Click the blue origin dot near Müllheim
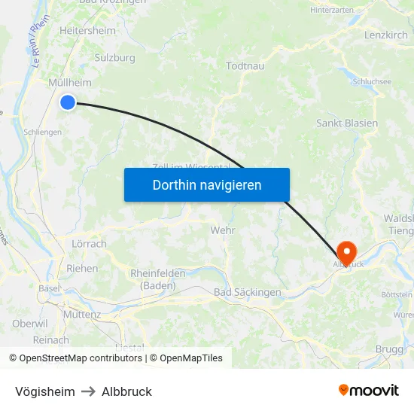pyautogui.click(x=68, y=102)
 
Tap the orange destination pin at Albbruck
pyautogui.click(x=347, y=251)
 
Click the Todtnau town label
pyautogui.click(x=245, y=66)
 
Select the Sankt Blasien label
pyautogui.click(x=346, y=123)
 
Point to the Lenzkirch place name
pyautogui.click(x=385, y=35)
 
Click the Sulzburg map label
pyautogui.click(x=115, y=57)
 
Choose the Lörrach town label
pyautogui.click(x=89, y=244)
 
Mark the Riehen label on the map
pyautogui.click(x=82, y=268)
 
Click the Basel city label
pyautogui.click(x=50, y=288)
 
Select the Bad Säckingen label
pyautogui.click(x=247, y=292)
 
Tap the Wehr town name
pyautogui.click(x=224, y=230)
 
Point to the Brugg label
pyautogui.click(x=389, y=349)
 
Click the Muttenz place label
pyautogui.click(x=82, y=314)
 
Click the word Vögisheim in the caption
pyautogui.click(x=45, y=391)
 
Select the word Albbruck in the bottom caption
pyautogui.click(x=126, y=391)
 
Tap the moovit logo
pyautogui.click(x=368, y=390)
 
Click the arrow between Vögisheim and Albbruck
pyautogui.click(x=88, y=391)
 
